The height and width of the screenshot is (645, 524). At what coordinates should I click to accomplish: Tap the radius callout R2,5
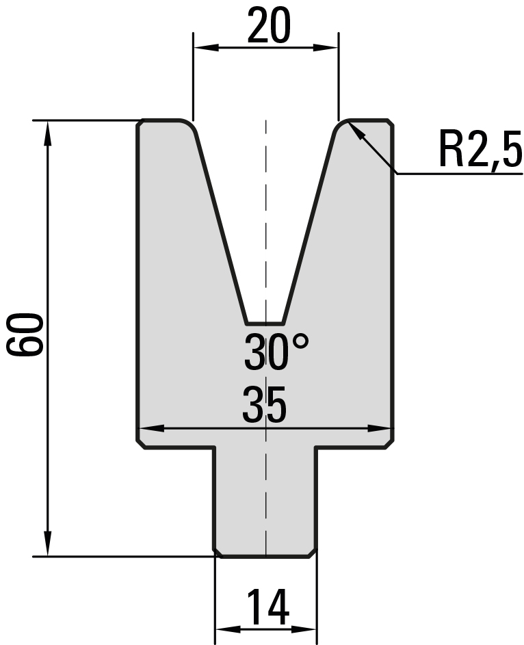pos(480,149)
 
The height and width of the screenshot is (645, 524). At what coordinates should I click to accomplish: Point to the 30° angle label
pos(276,352)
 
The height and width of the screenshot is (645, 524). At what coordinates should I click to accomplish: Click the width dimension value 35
pos(264,405)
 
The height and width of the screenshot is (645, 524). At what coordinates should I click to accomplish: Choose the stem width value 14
pos(268,607)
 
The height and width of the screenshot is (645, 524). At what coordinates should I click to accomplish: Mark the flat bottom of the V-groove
pos(265,323)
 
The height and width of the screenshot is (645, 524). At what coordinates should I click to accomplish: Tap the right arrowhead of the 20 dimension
pos(326,48)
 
